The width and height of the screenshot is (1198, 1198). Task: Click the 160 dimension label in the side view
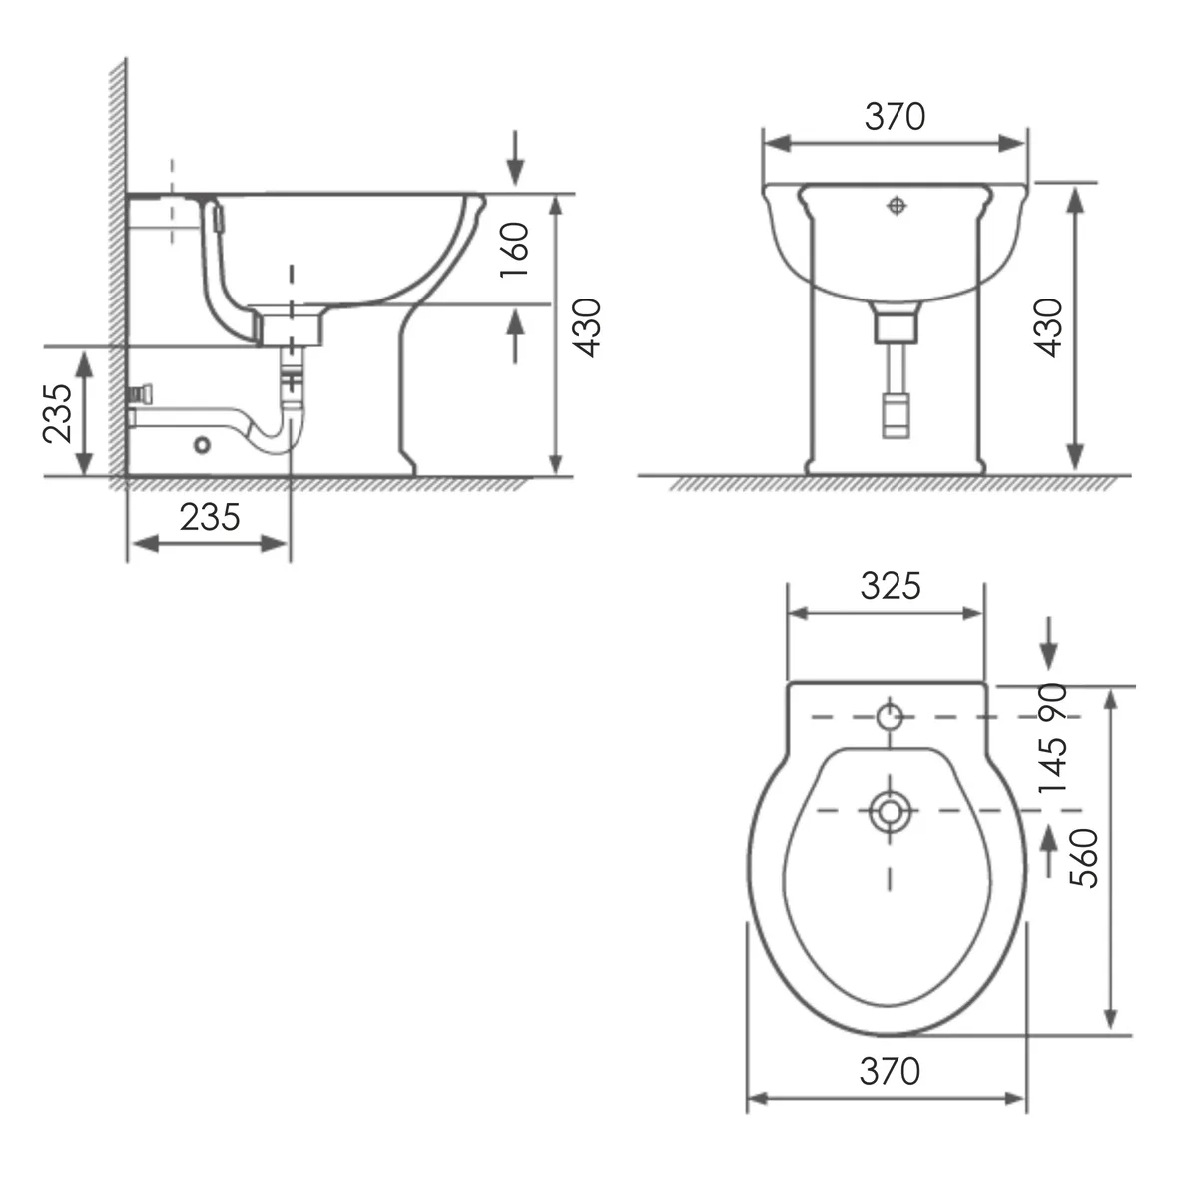(x=515, y=250)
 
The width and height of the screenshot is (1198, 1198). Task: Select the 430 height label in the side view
(x=587, y=328)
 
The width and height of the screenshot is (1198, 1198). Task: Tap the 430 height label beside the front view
(x=1050, y=328)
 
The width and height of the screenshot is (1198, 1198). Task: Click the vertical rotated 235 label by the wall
(x=57, y=412)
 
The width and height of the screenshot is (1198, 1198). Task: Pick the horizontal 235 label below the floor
(x=210, y=517)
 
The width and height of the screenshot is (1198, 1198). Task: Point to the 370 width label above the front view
(x=895, y=116)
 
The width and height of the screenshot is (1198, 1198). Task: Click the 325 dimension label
(x=891, y=586)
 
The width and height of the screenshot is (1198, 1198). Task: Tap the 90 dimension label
(x=1053, y=701)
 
